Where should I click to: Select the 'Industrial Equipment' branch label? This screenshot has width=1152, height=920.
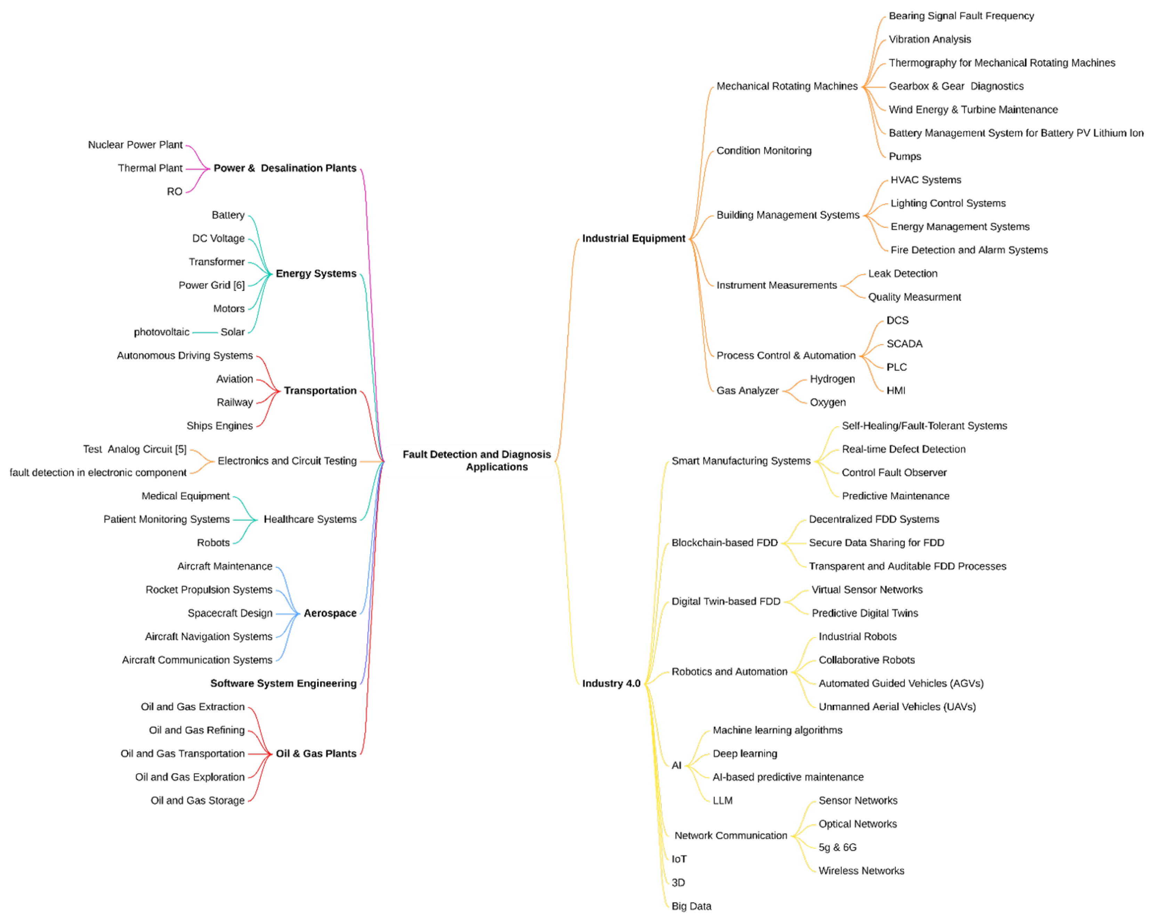coord(633,238)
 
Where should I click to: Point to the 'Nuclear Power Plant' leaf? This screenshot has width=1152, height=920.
coord(135,145)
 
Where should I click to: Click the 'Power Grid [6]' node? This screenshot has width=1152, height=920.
coord(212,285)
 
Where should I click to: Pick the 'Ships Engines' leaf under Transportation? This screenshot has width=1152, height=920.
coord(220,426)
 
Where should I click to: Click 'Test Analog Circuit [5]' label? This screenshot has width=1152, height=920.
coord(135,450)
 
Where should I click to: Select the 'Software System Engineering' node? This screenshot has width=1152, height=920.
coord(283,683)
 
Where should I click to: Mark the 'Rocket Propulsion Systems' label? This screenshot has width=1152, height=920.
coord(209,590)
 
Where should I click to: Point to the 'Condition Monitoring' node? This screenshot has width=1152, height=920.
coord(764,151)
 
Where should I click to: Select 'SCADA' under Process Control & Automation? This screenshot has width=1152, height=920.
coord(904,344)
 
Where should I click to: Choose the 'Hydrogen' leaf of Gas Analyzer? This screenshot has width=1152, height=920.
coord(832,379)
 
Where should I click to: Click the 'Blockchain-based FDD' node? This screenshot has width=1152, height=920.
coord(725,542)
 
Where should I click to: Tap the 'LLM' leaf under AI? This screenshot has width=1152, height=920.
coord(723,800)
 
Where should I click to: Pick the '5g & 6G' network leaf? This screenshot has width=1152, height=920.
coord(837,847)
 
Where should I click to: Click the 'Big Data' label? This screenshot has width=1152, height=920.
coord(691,906)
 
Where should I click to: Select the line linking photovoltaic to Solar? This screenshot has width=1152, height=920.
coord(205,333)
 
